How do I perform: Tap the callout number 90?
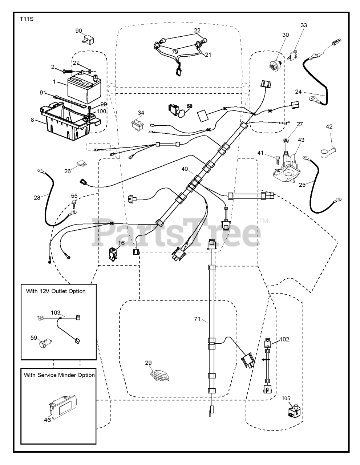[79, 31]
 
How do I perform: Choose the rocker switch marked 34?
[139, 125]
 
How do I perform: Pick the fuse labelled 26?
[81, 165]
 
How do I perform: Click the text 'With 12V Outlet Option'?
[56, 291]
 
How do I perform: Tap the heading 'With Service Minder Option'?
[60, 375]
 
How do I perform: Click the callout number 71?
[197, 319]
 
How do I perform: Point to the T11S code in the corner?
[27, 19]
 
